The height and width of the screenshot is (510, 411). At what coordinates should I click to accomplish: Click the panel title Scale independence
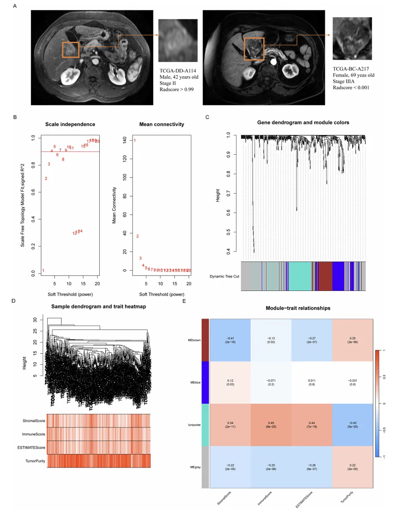pyautogui.click(x=70, y=124)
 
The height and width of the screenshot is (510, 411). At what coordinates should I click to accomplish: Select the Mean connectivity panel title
pyautogui.click(x=161, y=124)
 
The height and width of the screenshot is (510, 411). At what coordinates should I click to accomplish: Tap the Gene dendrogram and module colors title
pyautogui.click(x=303, y=122)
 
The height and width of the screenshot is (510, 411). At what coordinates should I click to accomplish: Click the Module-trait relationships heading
pyautogui.click(x=298, y=308)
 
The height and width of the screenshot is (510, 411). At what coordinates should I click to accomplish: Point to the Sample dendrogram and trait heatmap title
pyautogui.click(x=99, y=306)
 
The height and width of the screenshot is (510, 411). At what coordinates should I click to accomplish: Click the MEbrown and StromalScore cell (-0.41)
pyautogui.click(x=230, y=340)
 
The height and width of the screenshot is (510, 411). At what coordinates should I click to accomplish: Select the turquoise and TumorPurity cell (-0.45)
pyautogui.click(x=352, y=425)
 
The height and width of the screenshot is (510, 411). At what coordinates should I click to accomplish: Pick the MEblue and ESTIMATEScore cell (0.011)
pyautogui.click(x=312, y=383)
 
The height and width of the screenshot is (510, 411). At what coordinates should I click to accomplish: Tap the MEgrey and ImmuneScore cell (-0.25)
pyautogui.click(x=271, y=467)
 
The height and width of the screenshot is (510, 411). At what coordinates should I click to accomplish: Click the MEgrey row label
pyautogui.click(x=195, y=467)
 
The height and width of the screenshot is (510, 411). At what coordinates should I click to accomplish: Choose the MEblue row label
pyautogui.click(x=195, y=383)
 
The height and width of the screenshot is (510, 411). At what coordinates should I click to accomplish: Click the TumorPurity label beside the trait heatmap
pyautogui.click(x=35, y=461)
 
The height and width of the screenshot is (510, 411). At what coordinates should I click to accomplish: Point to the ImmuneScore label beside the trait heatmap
pyautogui.click(x=34, y=434)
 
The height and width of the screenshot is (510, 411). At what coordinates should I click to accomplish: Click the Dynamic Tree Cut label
pyautogui.click(x=224, y=276)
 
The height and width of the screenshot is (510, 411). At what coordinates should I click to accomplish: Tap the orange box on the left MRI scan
pyautogui.click(x=70, y=50)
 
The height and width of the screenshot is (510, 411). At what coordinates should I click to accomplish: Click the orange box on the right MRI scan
pyautogui.click(x=254, y=49)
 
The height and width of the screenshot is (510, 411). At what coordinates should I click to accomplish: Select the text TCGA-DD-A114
pyautogui.click(x=178, y=71)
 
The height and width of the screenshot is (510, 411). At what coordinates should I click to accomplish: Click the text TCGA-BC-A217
pyautogui.click(x=351, y=69)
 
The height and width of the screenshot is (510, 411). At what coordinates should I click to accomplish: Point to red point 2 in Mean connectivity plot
pyautogui.click(x=137, y=236)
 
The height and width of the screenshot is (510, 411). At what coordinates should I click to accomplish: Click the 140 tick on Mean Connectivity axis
pyautogui.click(x=125, y=140)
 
